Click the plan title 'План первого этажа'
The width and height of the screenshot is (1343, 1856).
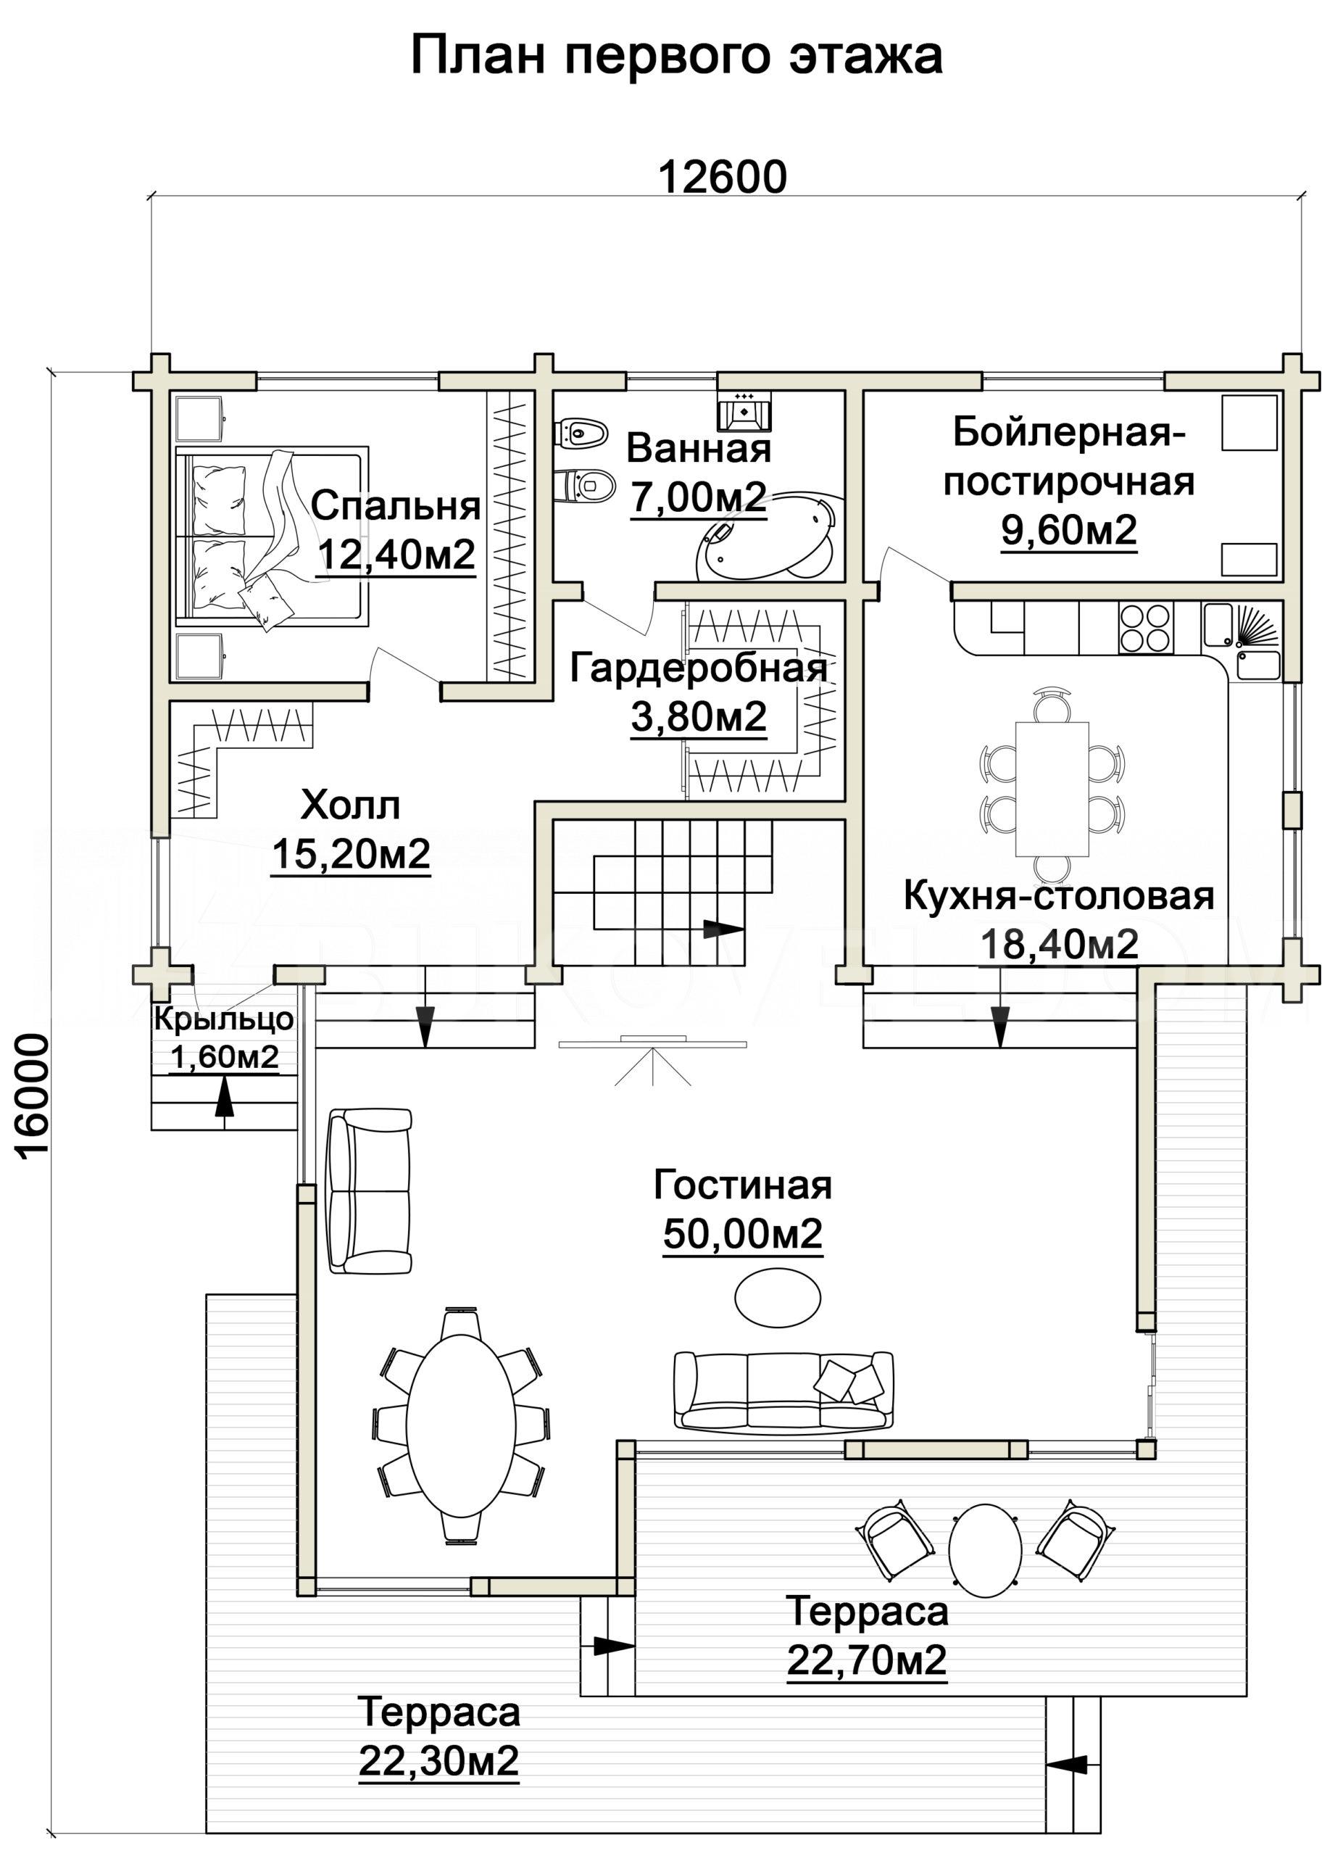tap(676, 57)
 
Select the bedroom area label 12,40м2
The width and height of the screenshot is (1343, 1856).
tap(396, 555)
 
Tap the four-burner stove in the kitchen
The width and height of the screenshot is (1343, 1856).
tap(1146, 628)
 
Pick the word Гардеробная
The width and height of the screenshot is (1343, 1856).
tap(698, 668)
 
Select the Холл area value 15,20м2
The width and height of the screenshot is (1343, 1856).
tap(351, 853)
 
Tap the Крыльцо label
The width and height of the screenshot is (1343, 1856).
tap(223, 1019)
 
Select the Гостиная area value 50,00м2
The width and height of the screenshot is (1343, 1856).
tap(743, 1233)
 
